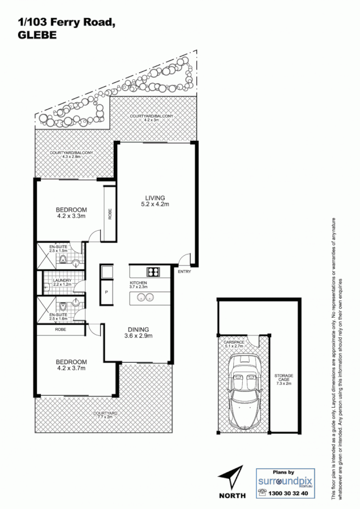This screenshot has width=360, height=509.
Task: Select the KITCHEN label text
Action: pos(139,282)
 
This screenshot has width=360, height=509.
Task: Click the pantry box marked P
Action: pos(106,292)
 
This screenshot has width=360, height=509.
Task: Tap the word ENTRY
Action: pos(184,272)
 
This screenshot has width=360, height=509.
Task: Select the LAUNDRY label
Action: pos(61,281)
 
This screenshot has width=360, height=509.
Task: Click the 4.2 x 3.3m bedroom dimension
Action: pos(71,215)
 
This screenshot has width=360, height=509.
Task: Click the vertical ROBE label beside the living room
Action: pos(110,214)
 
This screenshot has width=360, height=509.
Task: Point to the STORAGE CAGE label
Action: pos(284,378)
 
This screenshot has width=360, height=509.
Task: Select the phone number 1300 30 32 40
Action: pos(289,493)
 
